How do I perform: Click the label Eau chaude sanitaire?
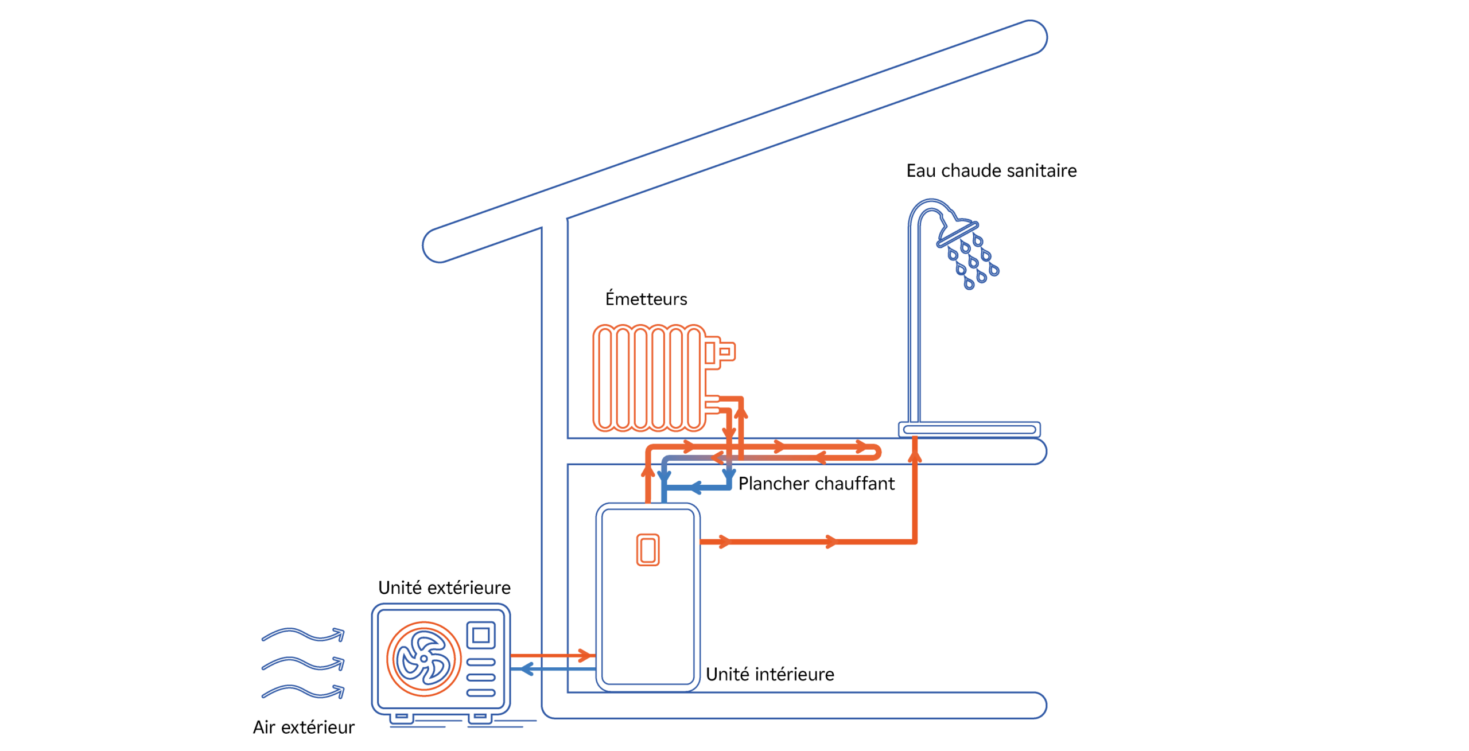(991, 170)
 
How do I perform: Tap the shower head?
(957, 232)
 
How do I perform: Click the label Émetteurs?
(646, 299)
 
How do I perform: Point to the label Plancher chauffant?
(816, 484)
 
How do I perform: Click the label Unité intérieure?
(770, 674)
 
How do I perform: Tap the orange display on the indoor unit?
(648, 550)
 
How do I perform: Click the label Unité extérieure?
(444, 587)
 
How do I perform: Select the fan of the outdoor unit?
(423, 659)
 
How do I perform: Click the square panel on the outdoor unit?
(480, 635)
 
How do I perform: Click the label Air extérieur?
(304, 727)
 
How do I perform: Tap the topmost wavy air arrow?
(303, 635)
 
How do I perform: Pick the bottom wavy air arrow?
(303, 691)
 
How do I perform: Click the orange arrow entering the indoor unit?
(585, 655)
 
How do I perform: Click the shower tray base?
(969, 429)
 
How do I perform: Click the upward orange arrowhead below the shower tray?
(915, 456)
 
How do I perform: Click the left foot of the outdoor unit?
(402, 717)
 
